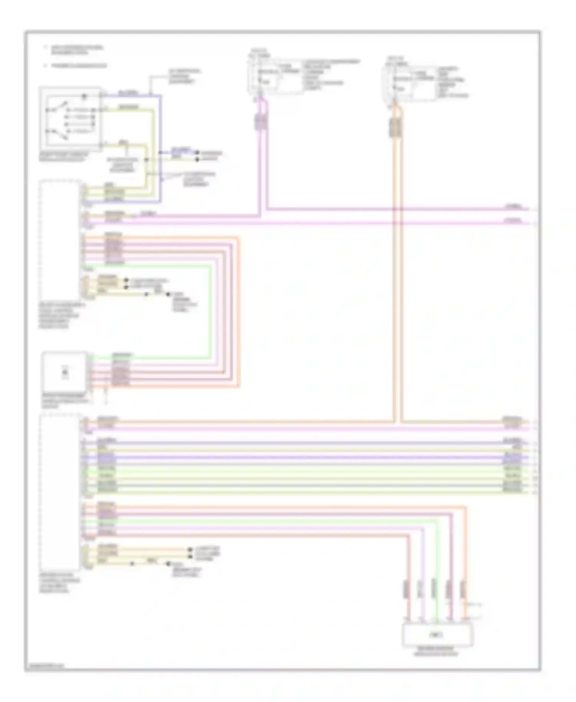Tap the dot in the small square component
coord(65,372)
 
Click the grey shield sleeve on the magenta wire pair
coord(261,122)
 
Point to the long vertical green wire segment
coord(210,311)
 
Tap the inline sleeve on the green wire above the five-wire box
coord(434,588)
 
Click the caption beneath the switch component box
coord(63,157)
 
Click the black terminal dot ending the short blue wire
coord(198,152)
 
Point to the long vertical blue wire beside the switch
coord(161,150)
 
